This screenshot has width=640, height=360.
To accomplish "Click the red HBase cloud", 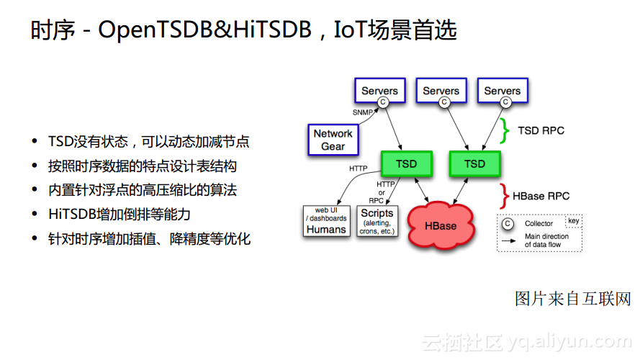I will pyautogui.click(x=441, y=225).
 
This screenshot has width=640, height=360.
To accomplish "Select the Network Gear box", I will pyautogui.click(x=333, y=140).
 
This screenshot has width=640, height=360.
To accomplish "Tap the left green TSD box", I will pyautogui.click(x=406, y=164).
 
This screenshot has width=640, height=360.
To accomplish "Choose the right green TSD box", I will pyautogui.click(x=474, y=164).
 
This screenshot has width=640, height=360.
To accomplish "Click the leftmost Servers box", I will pyautogui.click(x=379, y=91).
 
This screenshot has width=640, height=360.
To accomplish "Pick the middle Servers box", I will pyautogui.click(x=441, y=91).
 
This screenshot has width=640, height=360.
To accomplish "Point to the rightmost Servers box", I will pyautogui.click(x=502, y=91).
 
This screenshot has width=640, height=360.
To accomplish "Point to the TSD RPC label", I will pyautogui.click(x=541, y=130).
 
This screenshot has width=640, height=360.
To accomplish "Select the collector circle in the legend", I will pyautogui.click(x=508, y=223).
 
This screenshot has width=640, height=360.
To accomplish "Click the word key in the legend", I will pyautogui.click(x=574, y=221).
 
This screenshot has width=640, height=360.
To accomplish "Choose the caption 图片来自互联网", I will pyautogui.click(x=572, y=299).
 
